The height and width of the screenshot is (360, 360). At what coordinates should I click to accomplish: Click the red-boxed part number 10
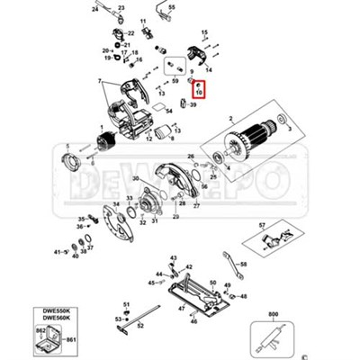tap(199, 91)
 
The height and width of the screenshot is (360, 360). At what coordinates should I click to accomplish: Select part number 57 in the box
tap(263, 224)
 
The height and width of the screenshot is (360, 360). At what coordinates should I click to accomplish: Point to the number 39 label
tap(193, 104)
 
